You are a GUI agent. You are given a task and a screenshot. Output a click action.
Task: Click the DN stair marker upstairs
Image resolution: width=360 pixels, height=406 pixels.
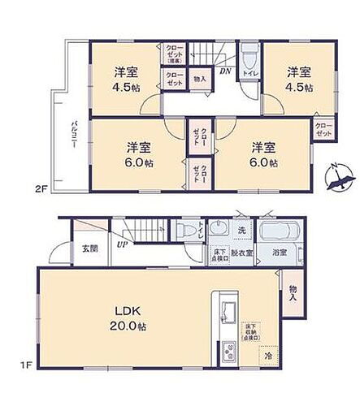(x=224, y=71)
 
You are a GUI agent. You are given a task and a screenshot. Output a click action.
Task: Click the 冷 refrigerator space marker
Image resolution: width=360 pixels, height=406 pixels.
(x=267, y=355)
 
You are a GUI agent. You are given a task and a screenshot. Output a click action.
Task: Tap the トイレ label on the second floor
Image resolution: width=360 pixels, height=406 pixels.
(x=250, y=72)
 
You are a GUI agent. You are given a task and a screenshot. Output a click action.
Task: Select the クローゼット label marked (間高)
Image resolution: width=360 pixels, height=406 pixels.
(x=175, y=54)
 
